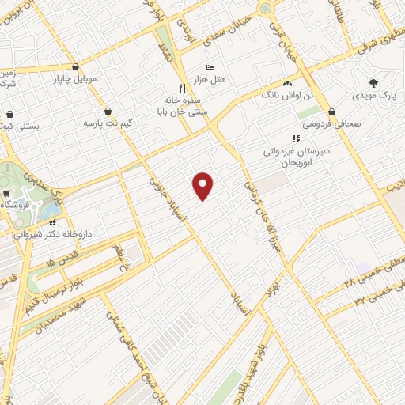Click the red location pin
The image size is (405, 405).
pyautogui.click(x=203, y=185)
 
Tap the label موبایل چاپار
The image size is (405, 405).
pyautogui.click(x=74, y=79)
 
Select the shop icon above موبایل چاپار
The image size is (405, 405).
pyautogui.click(x=75, y=67)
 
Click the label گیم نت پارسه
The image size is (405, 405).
pyautogui.click(x=108, y=124)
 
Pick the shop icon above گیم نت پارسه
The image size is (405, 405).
pyautogui.click(x=108, y=112)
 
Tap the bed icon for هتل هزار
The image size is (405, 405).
pyautogui.click(x=209, y=68)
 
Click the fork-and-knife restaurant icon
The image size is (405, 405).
pyautogui.click(x=182, y=89)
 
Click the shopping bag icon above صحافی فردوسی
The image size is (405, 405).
pyautogui.click(x=331, y=112)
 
